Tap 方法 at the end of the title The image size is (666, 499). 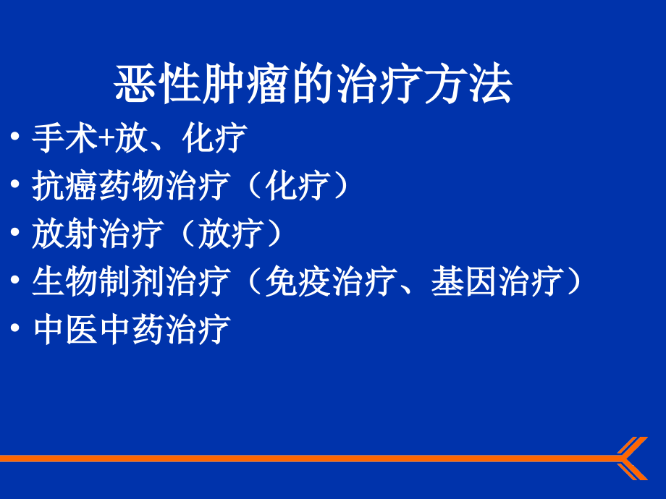468,84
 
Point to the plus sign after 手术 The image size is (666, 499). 106,139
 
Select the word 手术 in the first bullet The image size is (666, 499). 65,138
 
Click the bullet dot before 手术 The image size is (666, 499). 15,136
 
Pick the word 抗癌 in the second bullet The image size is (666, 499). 65,186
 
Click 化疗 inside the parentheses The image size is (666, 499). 298,186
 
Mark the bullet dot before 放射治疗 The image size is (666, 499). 15,232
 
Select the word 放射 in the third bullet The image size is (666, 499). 65,234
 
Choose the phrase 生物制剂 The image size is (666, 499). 98,281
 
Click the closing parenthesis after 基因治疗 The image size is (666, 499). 574,281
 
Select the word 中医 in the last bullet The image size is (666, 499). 65,329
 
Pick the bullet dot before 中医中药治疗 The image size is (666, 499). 15,328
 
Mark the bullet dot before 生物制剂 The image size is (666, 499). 15,280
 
